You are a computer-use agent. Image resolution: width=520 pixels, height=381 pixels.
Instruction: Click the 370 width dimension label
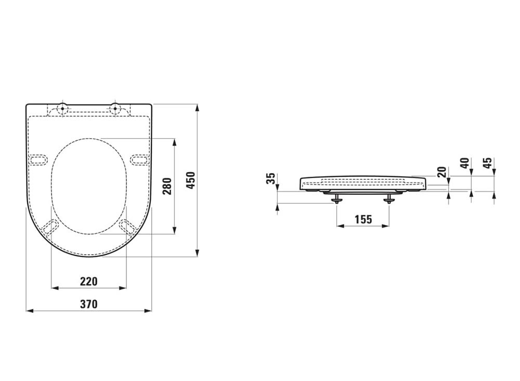click(89, 304)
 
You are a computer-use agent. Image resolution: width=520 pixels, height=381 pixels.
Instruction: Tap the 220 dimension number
click(89, 281)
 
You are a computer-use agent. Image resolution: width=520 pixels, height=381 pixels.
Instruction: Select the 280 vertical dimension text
click(168, 187)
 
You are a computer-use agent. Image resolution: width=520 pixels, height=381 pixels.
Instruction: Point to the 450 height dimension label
click(191, 180)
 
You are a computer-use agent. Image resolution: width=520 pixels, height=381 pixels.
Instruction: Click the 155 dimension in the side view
click(363, 219)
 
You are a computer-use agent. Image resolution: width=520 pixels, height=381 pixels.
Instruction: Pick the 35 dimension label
click(271, 178)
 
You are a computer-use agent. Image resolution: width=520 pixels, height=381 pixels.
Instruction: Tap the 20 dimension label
click(441, 172)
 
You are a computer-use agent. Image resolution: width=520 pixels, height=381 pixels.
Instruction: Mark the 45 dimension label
click(487, 163)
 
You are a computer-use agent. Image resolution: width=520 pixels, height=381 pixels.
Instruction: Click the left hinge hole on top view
click(62, 108)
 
